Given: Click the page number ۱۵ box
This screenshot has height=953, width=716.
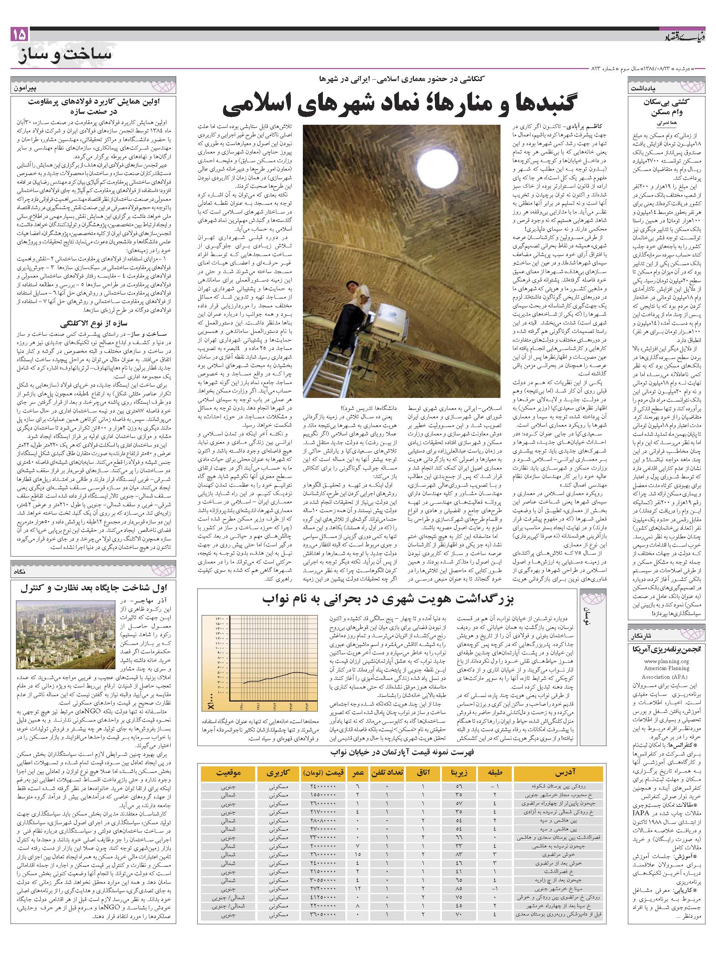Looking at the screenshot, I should (20, 35).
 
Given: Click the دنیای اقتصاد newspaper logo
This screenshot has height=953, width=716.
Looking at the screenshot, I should (684, 37).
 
